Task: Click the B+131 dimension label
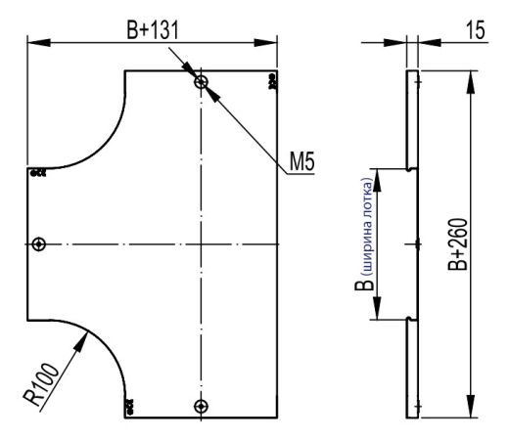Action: point(153,30)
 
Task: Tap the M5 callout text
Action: point(302,161)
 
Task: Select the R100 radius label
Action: point(41,384)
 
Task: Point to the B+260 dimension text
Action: point(458,244)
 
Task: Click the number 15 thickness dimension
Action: point(476,30)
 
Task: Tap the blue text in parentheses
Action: point(367,227)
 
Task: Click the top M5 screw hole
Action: point(201,82)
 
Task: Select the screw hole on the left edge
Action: point(39,243)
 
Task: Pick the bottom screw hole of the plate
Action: point(201,407)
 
